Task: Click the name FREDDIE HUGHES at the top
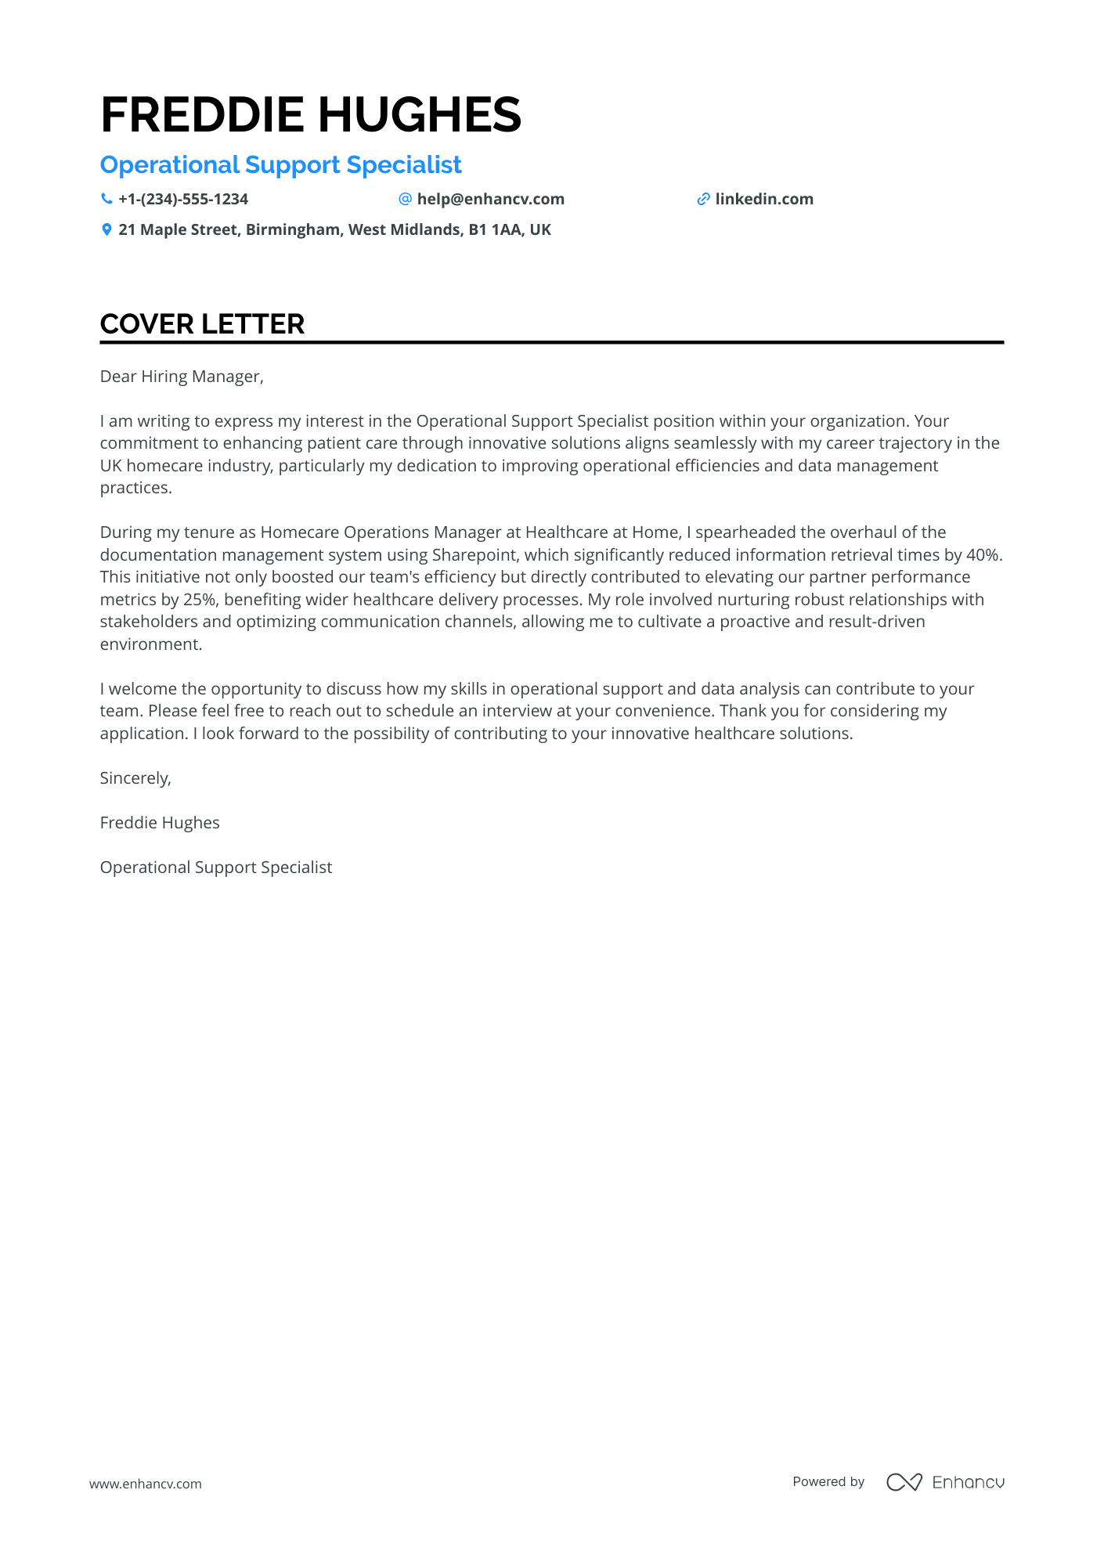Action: click(311, 115)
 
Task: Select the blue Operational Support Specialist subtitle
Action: click(280, 165)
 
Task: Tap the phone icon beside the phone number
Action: click(106, 199)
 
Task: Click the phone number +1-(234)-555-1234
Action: click(183, 199)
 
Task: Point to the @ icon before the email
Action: click(405, 199)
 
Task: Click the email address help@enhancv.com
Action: click(490, 199)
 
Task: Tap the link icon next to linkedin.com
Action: click(703, 199)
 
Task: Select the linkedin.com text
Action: click(764, 199)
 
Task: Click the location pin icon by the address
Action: click(106, 229)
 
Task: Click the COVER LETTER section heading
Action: click(202, 324)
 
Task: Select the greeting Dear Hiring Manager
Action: click(182, 377)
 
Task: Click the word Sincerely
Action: click(135, 778)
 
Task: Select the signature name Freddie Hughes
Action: click(160, 823)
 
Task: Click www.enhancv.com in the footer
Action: click(145, 1484)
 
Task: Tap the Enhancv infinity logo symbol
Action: click(904, 1482)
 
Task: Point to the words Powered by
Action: click(828, 1481)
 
